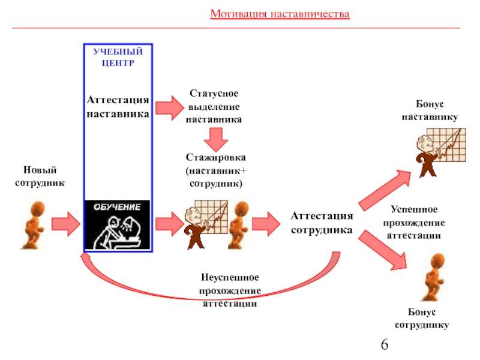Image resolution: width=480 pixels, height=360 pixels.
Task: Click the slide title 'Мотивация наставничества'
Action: (x=280, y=14)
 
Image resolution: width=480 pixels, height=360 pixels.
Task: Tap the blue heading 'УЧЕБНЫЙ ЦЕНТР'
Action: (x=118, y=57)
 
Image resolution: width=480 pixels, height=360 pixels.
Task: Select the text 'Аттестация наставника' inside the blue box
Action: (x=118, y=107)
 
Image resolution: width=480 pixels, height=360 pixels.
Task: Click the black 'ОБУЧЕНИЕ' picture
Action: (x=118, y=224)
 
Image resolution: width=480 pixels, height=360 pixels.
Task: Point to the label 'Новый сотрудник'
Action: (x=40, y=176)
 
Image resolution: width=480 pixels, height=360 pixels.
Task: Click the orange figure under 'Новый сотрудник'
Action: (x=34, y=226)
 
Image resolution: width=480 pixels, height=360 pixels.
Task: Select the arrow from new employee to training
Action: (x=65, y=224)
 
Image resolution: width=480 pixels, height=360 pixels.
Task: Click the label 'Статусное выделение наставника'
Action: (x=214, y=106)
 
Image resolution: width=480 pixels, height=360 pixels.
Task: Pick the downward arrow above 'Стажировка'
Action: (x=216, y=140)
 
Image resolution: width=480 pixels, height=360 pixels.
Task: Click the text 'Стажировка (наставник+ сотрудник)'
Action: (x=216, y=170)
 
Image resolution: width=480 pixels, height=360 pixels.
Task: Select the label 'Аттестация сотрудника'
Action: (x=322, y=223)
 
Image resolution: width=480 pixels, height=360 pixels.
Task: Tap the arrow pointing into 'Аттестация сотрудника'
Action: (x=266, y=224)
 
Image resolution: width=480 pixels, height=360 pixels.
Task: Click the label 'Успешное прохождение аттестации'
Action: (x=414, y=223)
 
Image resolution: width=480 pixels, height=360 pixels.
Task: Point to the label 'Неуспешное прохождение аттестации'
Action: (x=230, y=290)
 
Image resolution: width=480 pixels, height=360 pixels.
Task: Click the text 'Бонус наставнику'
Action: (x=430, y=110)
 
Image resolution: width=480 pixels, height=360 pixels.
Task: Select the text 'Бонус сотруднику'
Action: (x=422, y=319)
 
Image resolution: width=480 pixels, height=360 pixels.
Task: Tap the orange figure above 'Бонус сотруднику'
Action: (x=433, y=277)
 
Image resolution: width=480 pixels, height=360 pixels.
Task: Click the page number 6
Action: (x=385, y=344)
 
